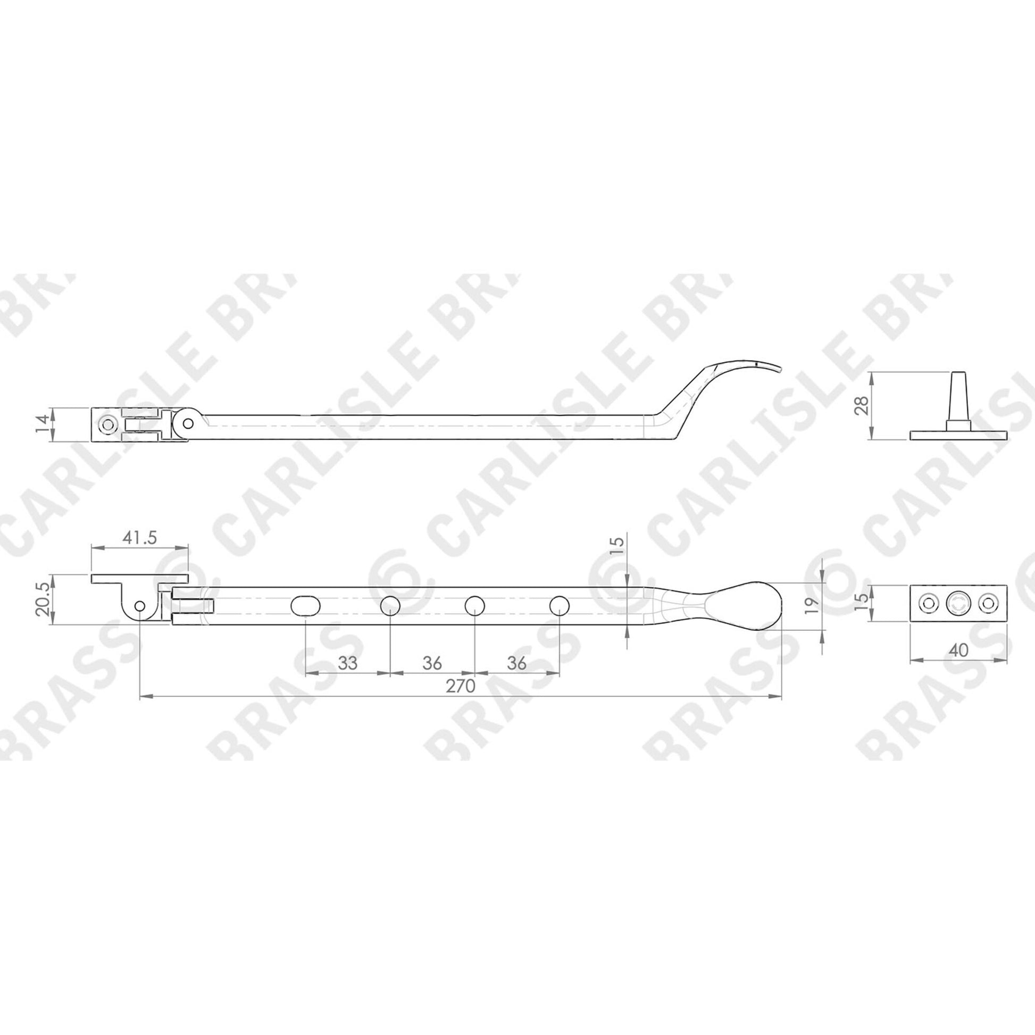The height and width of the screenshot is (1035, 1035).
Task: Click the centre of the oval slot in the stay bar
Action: tap(305, 606)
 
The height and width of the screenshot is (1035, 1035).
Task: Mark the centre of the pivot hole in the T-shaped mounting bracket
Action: tap(140, 606)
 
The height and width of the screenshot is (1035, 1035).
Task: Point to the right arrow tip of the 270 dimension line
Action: tap(782, 697)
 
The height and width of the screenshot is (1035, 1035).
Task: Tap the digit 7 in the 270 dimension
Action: tap(461, 686)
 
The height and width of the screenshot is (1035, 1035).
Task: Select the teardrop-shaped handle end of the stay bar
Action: tap(742, 606)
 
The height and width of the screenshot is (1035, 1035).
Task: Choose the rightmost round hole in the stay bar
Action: tap(560, 606)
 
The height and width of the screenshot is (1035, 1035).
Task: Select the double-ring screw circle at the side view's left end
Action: tap(108, 424)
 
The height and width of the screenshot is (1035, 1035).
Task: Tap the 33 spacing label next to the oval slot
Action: tap(348, 663)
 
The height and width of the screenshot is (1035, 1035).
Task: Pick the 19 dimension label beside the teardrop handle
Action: tap(812, 604)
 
